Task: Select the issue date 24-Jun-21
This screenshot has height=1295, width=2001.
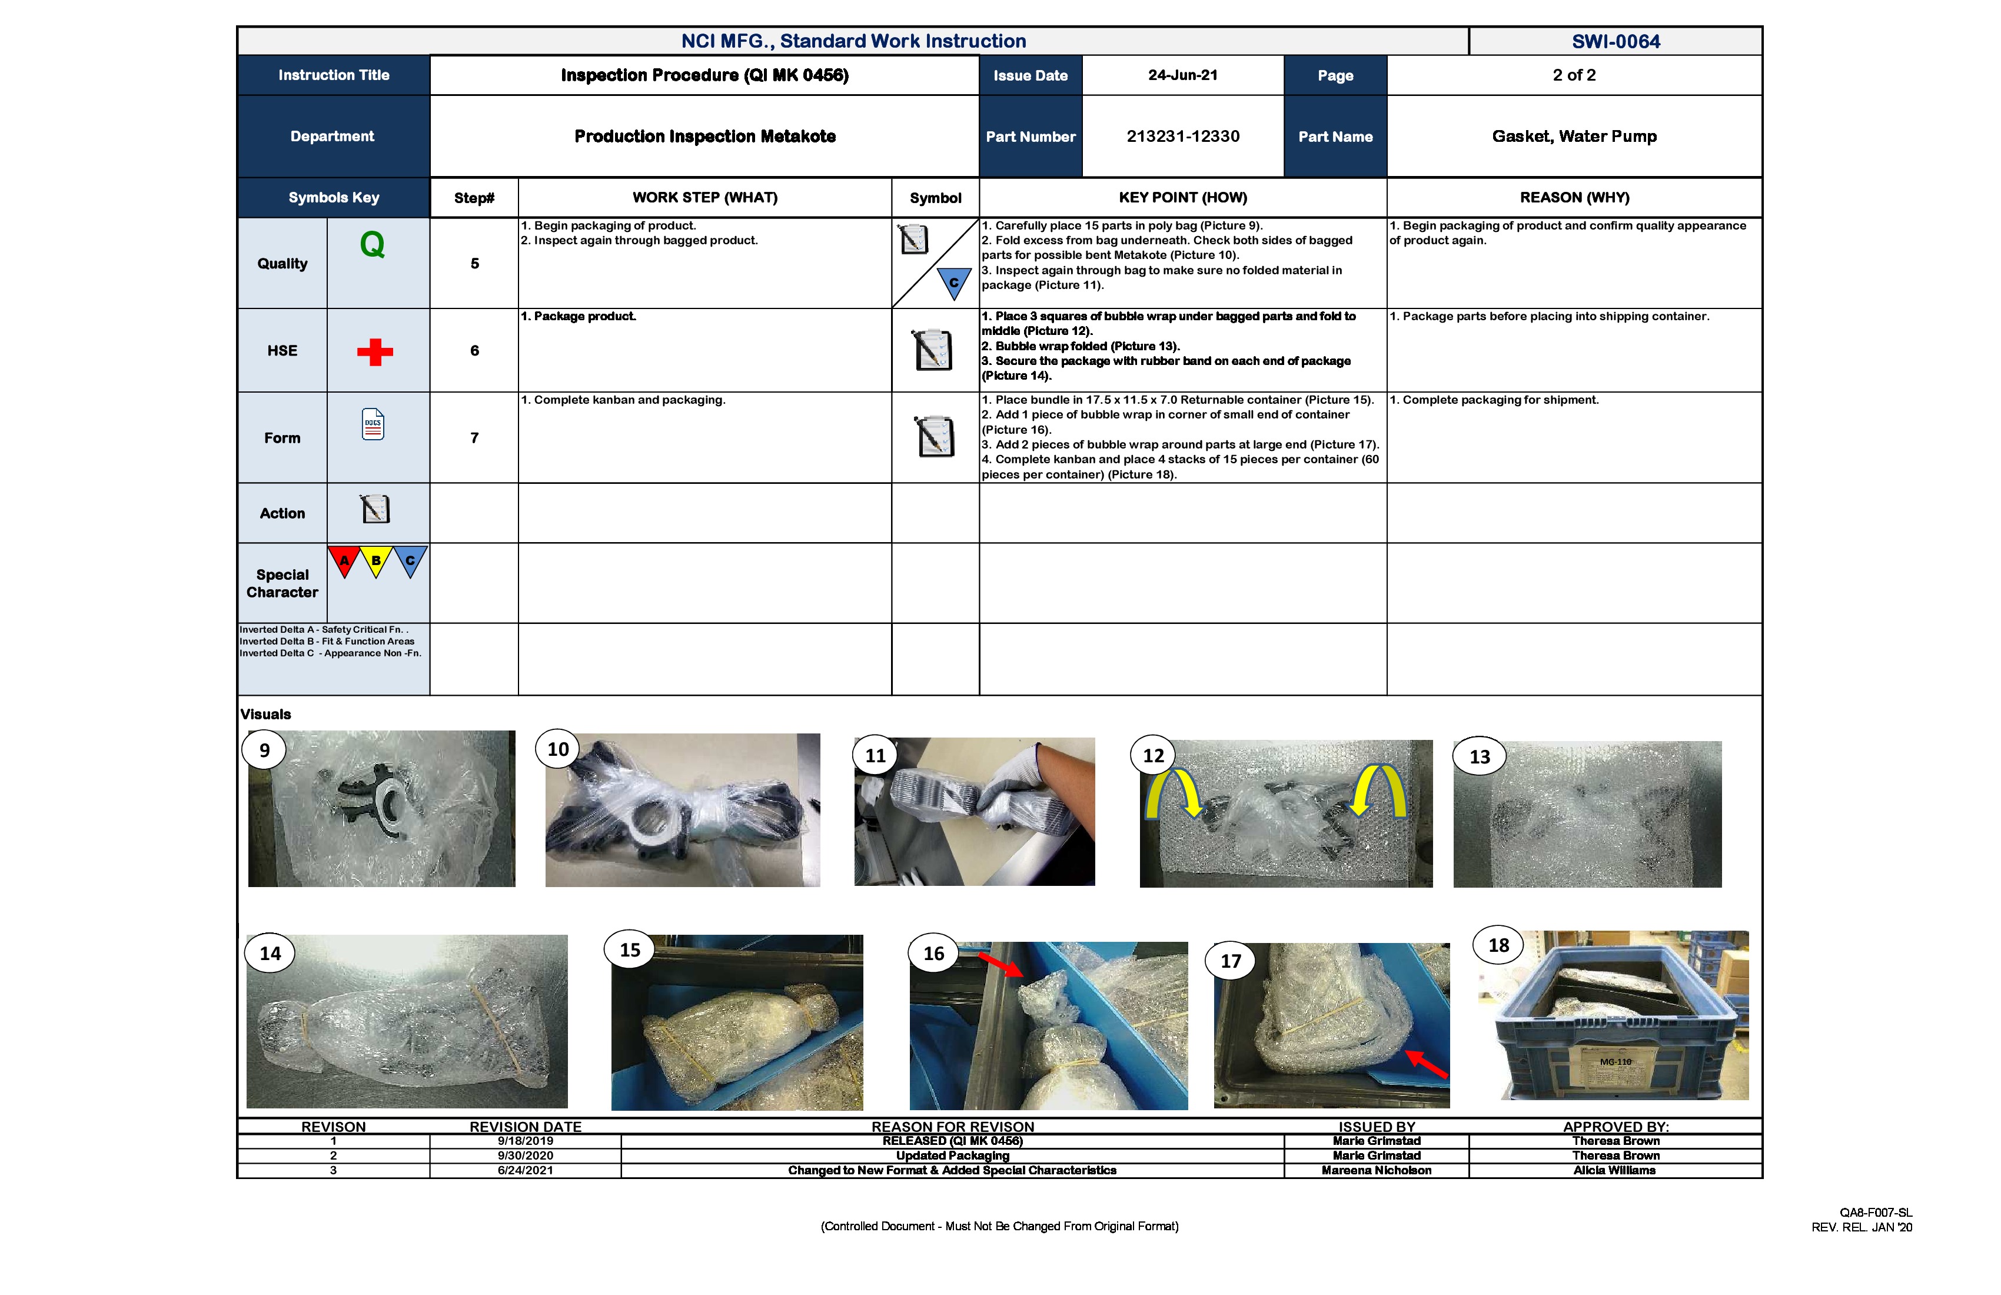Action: (x=1182, y=75)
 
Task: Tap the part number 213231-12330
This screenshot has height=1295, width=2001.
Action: (x=1182, y=136)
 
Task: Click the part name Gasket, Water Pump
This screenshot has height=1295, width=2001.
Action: (x=1573, y=136)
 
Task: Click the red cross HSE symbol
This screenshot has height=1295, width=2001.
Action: (x=375, y=351)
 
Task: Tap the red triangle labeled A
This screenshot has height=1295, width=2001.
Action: (x=344, y=560)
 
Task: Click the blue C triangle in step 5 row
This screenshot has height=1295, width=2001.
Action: (x=953, y=283)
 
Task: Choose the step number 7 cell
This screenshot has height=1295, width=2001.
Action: (x=474, y=437)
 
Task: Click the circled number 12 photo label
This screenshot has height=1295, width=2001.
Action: (x=1153, y=755)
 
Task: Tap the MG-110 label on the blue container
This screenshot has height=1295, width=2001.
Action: (x=1614, y=1061)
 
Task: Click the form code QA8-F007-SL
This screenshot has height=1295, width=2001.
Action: (x=1875, y=1212)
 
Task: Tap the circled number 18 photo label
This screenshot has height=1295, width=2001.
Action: (x=1498, y=945)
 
